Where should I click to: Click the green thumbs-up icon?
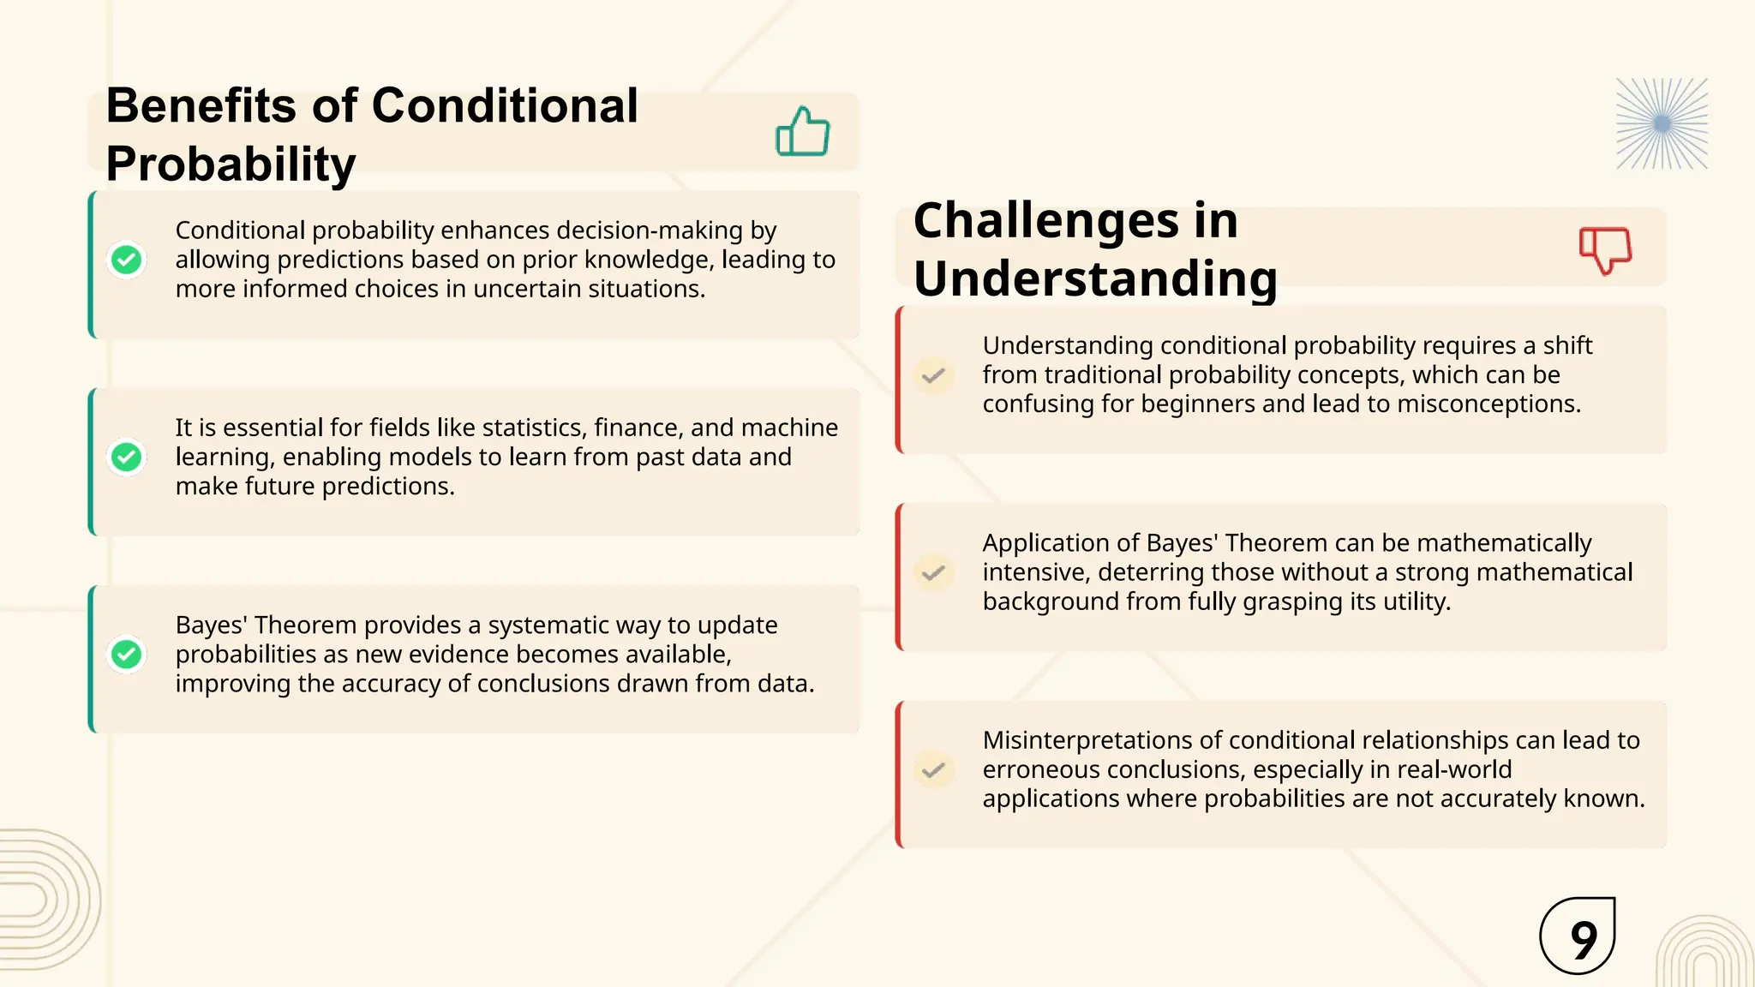point(802,132)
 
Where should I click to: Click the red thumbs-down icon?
point(1605,249)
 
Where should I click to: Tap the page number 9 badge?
point(1578,936)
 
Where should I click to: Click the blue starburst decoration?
point(1662,124)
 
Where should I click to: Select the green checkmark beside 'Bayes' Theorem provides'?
point(127,655)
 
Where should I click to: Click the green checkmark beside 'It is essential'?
point(127,458)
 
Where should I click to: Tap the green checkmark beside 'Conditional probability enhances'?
point(127,260)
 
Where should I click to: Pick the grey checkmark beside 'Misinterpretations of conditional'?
point(933,769)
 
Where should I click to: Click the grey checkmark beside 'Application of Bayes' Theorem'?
point(933,572)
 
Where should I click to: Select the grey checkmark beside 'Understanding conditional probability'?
point(933,375)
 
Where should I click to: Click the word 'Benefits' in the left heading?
point(201,106)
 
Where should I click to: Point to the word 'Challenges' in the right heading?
point(1045,221)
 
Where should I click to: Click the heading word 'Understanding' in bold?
point(1095,279)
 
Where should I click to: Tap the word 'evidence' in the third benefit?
point(454,655)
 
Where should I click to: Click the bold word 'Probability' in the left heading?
point(231,164)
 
